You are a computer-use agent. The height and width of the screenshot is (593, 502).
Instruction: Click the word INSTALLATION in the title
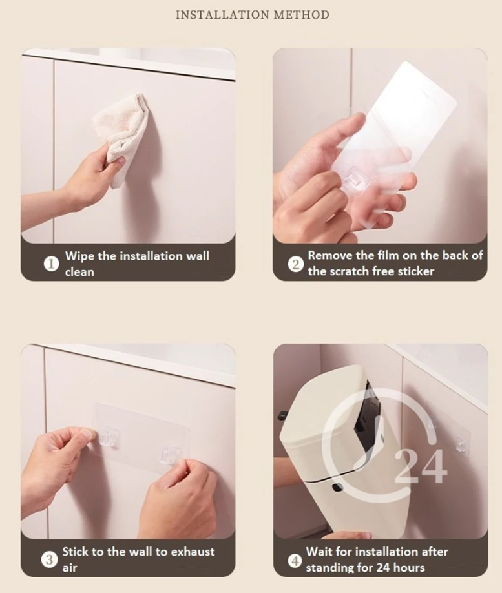pos(223,15)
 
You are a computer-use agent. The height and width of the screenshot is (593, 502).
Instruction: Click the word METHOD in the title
pos(302,15)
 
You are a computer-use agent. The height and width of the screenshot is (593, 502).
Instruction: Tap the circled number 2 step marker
pos(295,264)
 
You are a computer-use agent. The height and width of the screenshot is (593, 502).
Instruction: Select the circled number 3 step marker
pos(49,559)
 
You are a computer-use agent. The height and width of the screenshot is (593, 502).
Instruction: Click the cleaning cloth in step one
pos(120,140)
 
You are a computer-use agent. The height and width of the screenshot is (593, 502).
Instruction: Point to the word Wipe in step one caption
pos(80,256)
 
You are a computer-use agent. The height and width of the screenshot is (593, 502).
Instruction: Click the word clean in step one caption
pos(79,272)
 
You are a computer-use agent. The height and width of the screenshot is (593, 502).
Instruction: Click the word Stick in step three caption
pos(76,552)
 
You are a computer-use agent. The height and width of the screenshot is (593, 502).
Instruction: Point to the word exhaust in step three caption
pos(193,552)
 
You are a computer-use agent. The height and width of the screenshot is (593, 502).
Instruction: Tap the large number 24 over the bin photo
pos(421,466)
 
